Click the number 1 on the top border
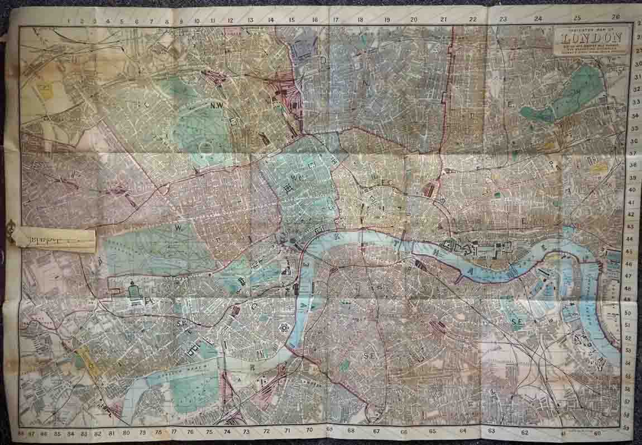68,21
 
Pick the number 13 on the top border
250,20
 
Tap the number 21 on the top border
443,20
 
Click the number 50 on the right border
628,313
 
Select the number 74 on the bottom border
227,432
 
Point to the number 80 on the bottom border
127,433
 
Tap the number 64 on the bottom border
463,430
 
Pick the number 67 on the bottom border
377,431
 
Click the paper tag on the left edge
53,239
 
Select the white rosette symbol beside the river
284,328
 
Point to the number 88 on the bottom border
22,433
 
